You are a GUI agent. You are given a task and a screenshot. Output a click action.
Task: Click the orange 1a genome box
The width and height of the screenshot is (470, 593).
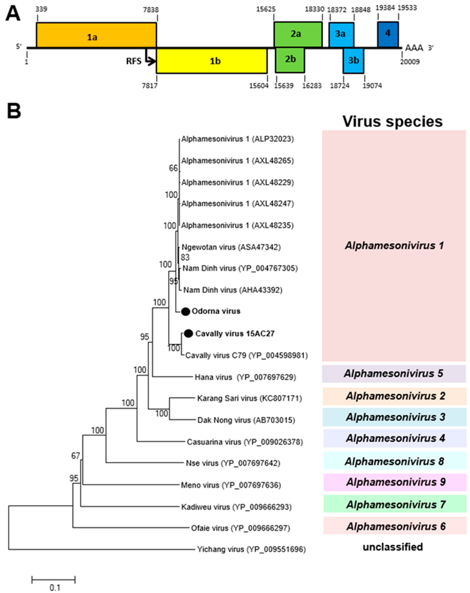pyautogui.click(x=96, y=35)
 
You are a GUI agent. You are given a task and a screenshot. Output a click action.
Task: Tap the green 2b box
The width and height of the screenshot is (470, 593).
pyautogui.click(x=290, y=60)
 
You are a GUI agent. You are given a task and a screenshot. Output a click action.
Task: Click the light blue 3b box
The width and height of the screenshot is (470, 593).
pyautogui.click(x=353, y=61)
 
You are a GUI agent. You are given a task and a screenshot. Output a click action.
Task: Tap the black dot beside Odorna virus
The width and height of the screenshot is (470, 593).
pyautogui.click(x=186, y=311)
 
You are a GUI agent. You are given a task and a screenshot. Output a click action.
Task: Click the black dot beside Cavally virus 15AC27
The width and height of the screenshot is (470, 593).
pyautogui.click(x=189, y=333)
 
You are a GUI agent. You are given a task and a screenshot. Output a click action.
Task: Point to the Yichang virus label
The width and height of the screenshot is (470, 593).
pyautogui.click(x=251, y=550)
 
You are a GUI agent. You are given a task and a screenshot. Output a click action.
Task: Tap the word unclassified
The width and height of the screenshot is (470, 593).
pyautogui.click(x=393, y=547)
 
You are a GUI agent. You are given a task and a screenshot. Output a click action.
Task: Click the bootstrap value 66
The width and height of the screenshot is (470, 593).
pyautogui.click(x=173, y=168)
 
